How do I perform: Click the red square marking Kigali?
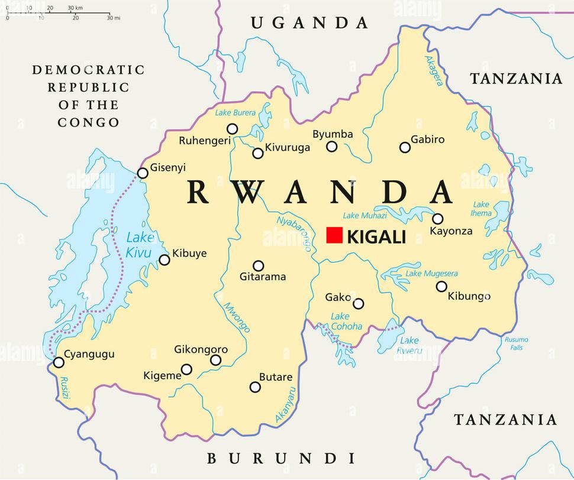click(x=334, y=235)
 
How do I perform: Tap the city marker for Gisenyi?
click(x=143, y=173)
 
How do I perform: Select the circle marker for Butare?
click(x=255, y=387)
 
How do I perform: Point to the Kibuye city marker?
click(x=165, y=260)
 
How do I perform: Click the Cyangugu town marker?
click(x=58, y=362)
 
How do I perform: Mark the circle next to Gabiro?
click(x=405, y=147)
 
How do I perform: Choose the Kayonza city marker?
click(x=438, y=218)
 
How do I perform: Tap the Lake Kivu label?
click(x=140, y=245)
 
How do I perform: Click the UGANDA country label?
click(x=309, y=23)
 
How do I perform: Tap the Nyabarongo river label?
click(x=294, y=233)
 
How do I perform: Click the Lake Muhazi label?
click(x=365, y=216)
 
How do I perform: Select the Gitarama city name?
click(x=263, y=277)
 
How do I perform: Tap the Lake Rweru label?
click(x=410, y=345)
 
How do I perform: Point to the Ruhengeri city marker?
click(x=233, y=129)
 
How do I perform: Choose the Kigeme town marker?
click(x=186, y=369)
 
